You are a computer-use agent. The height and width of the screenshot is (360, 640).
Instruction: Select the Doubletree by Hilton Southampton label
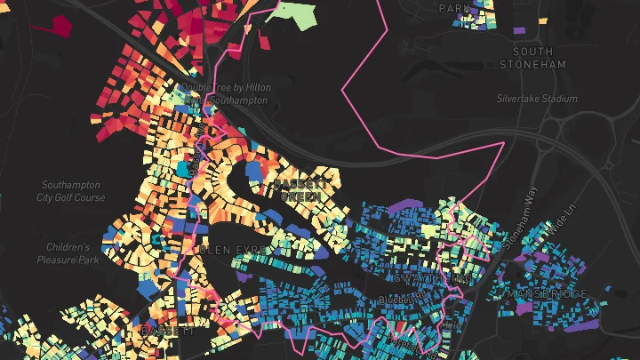pos(224,94)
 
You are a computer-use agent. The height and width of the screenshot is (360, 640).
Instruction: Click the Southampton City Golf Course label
pos(73,191)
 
